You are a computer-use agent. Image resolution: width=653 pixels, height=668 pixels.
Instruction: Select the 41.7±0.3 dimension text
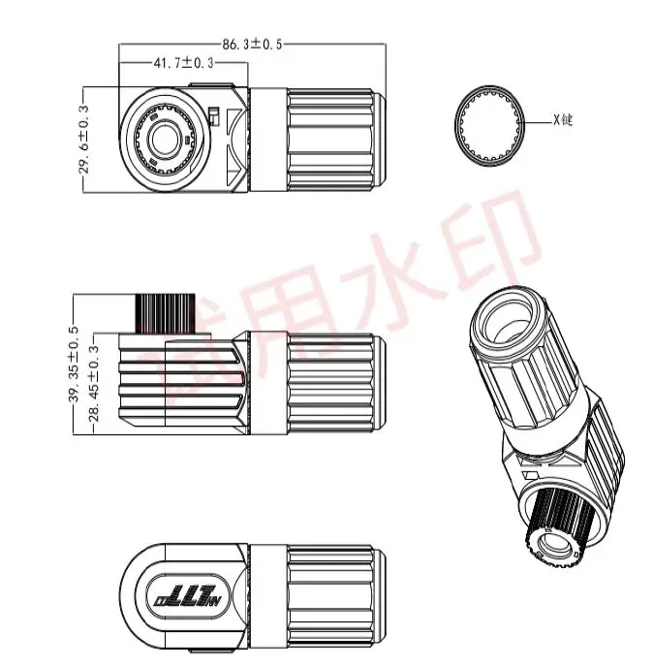tap(184, 63)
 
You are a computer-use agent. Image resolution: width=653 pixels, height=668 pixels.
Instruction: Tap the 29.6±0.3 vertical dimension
tap(83, 140)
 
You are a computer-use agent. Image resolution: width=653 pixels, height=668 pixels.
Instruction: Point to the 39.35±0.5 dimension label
tap(74, 365)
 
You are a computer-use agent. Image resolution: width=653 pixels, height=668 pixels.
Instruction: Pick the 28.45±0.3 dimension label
tap(94, 386)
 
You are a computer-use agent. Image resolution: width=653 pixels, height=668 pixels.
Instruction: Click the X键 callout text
tap(563, 121)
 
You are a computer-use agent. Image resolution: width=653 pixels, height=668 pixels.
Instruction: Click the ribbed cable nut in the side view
tap(332, 378)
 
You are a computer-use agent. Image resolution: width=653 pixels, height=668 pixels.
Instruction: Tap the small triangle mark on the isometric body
tap(529, 475)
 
